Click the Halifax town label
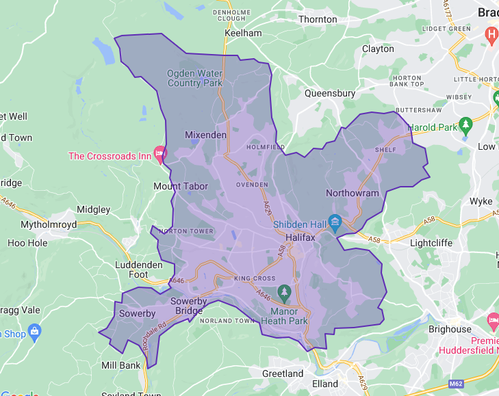300,237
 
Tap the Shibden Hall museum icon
335,222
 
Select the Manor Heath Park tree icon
284,293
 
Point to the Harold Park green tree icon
466,124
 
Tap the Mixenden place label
205,135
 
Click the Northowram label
352,193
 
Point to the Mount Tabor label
181,186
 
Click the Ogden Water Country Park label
195,78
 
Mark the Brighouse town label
450,329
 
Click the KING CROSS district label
255,278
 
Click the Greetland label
283,373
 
